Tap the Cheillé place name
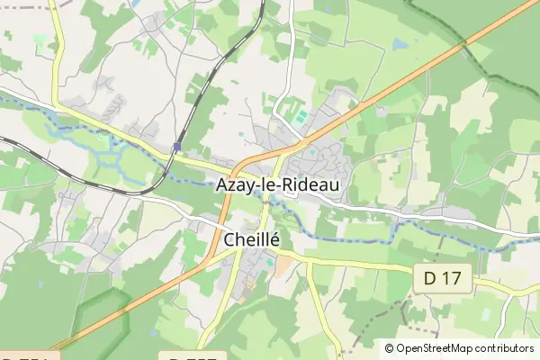point(251,240)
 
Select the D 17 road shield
point(442,279)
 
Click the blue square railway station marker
point(177,146)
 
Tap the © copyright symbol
point(389,348)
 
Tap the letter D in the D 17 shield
point(430,279)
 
